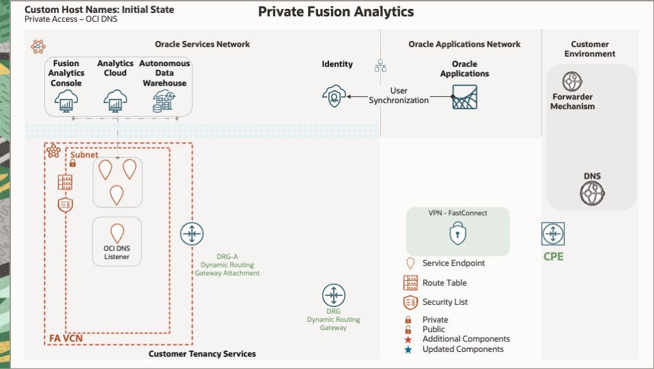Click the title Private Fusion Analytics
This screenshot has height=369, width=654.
336,12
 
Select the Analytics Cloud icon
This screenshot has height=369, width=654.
115,102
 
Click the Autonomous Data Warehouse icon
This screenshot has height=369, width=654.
163,102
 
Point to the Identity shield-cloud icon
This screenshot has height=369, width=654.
334,96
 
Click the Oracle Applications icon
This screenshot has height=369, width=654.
465,97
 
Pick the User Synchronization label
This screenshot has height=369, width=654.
399,95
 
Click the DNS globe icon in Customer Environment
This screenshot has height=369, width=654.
592,194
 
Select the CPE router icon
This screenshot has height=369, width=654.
552,234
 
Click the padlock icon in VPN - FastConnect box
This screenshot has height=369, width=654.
457,235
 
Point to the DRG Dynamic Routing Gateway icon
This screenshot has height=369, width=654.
334,296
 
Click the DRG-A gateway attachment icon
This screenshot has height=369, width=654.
192,235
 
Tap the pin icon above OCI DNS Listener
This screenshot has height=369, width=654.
116,233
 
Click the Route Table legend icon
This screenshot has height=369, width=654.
410,283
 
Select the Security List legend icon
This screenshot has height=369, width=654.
410,302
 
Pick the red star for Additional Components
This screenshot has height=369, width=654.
408,339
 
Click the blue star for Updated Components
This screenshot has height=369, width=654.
408,350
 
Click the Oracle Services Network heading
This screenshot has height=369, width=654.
202,44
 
